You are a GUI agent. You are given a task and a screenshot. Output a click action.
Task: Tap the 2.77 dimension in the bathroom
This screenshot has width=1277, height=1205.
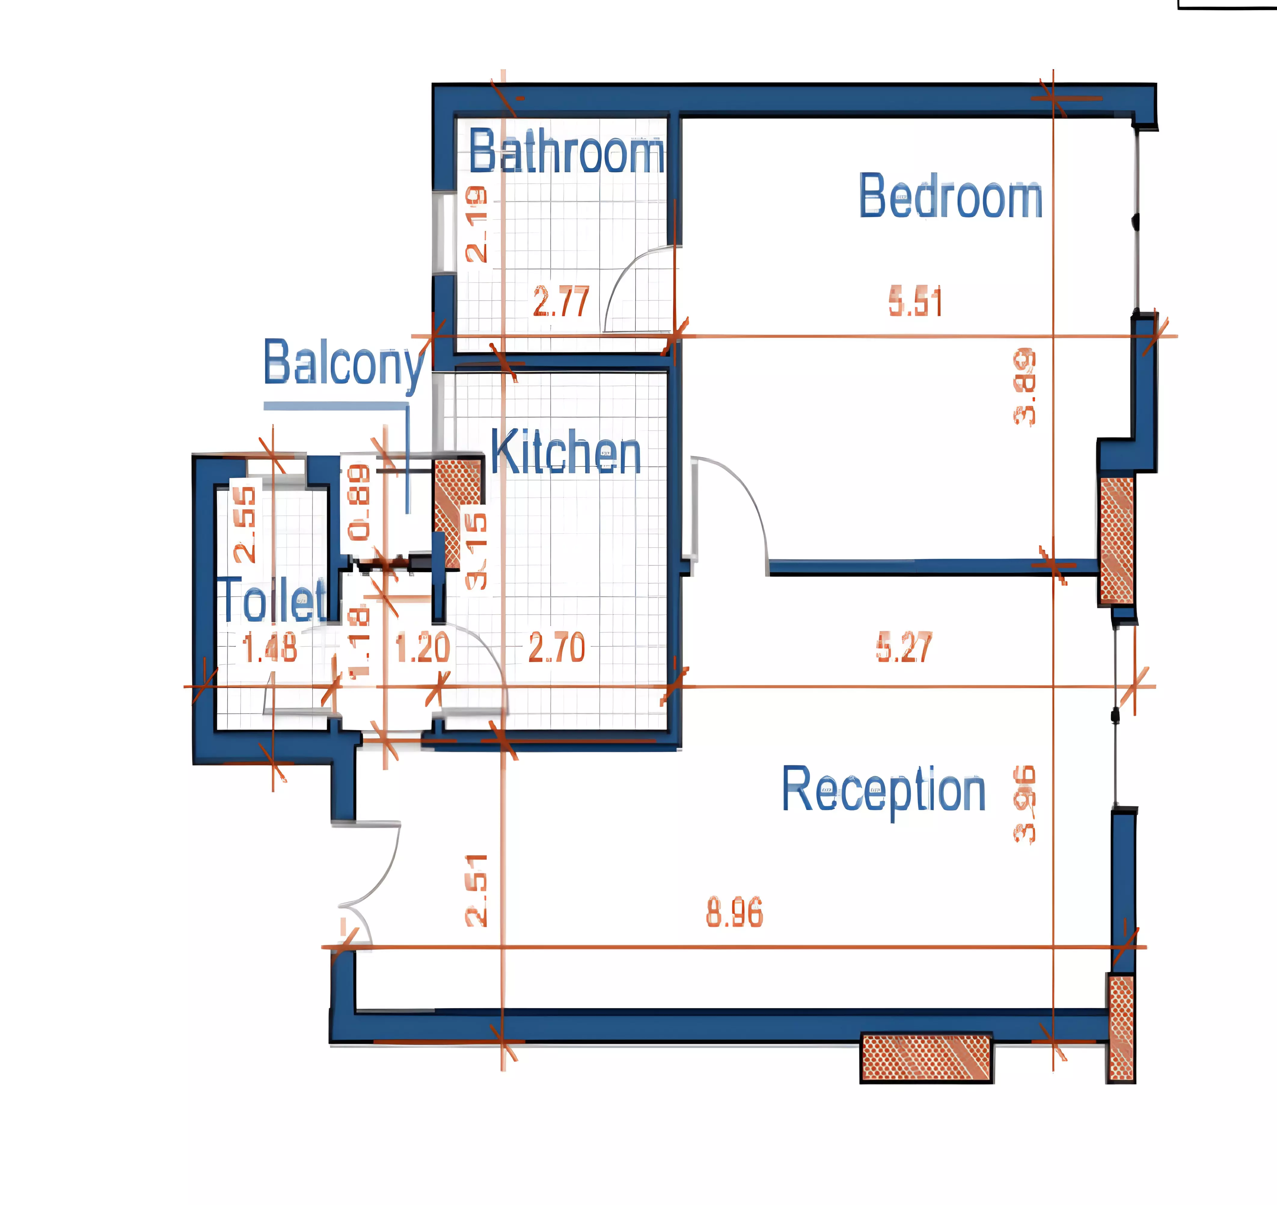tap(561, 302)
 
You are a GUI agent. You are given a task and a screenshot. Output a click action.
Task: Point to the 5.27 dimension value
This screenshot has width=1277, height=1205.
tap(904, 648)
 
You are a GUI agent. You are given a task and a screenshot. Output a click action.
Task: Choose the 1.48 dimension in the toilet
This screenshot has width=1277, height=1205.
tap(270, 648)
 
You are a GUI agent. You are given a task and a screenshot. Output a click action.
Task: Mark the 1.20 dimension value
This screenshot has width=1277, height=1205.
tap(422, 648)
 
